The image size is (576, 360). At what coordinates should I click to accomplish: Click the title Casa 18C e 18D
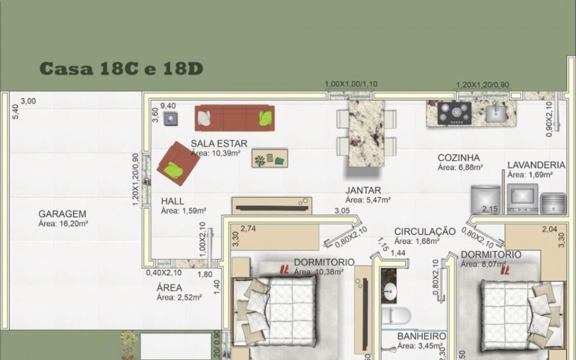[x=121, y=68]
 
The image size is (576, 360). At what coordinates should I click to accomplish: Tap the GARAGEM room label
[x=62, y=214]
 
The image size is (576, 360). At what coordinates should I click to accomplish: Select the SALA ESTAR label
[x=219, y=143]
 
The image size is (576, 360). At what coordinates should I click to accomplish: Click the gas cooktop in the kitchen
[x=455, y=113]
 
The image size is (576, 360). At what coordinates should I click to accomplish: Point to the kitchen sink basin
[x=496, y=112]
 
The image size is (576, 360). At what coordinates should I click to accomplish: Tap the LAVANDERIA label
[x=536, y=164]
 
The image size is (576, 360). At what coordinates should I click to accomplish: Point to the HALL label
[x=173, y=202]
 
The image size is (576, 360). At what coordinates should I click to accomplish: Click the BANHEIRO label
[x=421, y=337]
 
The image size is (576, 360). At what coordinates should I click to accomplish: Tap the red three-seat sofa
[x=234, y=118]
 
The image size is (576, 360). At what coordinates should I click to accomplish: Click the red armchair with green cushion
[x=178, y=164]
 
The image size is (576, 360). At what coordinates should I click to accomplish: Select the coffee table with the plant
[x=269, y=158]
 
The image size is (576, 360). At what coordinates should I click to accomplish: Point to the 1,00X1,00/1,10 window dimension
[x=351, y=84]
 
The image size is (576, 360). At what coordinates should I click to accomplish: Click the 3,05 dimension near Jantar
[x=342, y=211]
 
